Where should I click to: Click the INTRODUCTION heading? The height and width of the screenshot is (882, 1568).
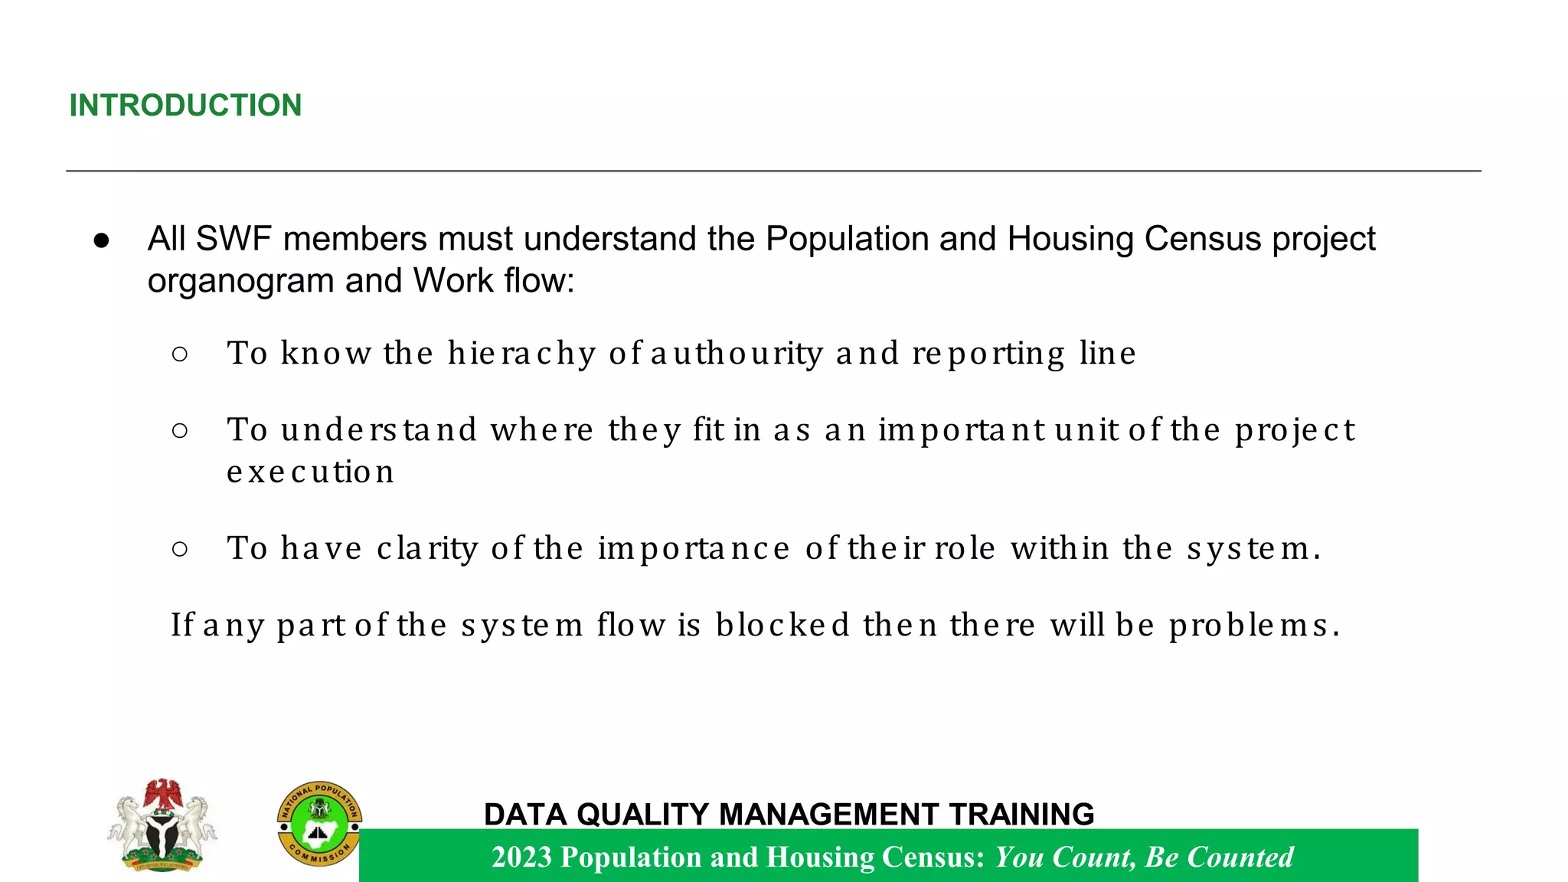(x=185, y=105)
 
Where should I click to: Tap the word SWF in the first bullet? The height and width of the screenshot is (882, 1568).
(x=234, y=239)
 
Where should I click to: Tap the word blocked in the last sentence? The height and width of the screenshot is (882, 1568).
(x=782, y=626)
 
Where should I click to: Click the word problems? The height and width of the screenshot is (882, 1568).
(x=1254, y=626)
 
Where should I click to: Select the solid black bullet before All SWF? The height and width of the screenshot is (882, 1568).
(x=102, y=240)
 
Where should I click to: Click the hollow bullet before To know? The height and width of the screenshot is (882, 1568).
(x=180, y=354)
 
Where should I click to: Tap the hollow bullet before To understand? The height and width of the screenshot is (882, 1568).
(x=180, y=430)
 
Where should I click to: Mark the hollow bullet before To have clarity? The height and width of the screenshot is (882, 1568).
(x=180, y=549)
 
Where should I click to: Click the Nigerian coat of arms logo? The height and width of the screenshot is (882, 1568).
(x=162, y=825)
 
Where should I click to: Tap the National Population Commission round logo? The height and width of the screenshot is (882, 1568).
(x=318, y=824)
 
